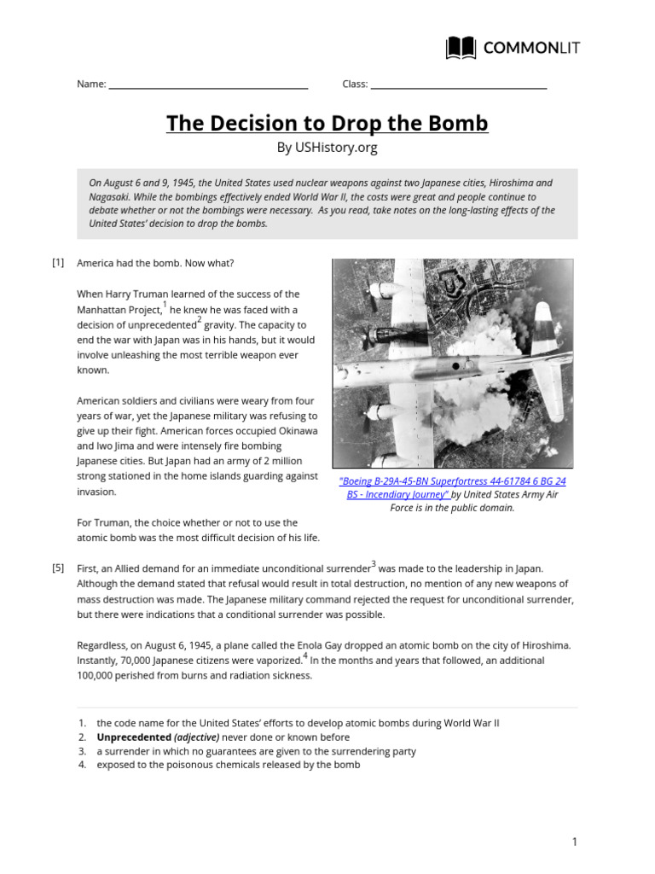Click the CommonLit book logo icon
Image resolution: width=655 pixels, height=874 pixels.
coord(461,48)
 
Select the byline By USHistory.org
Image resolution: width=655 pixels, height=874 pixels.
coord(327,148)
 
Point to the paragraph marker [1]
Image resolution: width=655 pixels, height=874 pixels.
coord(58,263)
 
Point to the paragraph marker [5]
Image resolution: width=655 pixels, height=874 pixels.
coord(58,568)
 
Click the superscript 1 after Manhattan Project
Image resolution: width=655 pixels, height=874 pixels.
coord(164,305)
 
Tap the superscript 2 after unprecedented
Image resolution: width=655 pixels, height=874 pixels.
coord(200,320)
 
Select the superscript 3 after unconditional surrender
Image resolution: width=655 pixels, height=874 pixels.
coord(374,563)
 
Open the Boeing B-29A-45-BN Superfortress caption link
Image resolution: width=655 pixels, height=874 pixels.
coord(452,487)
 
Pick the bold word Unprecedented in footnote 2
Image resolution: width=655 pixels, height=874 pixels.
coord(134,737)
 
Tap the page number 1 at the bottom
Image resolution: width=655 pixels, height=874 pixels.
coord(575,842)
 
